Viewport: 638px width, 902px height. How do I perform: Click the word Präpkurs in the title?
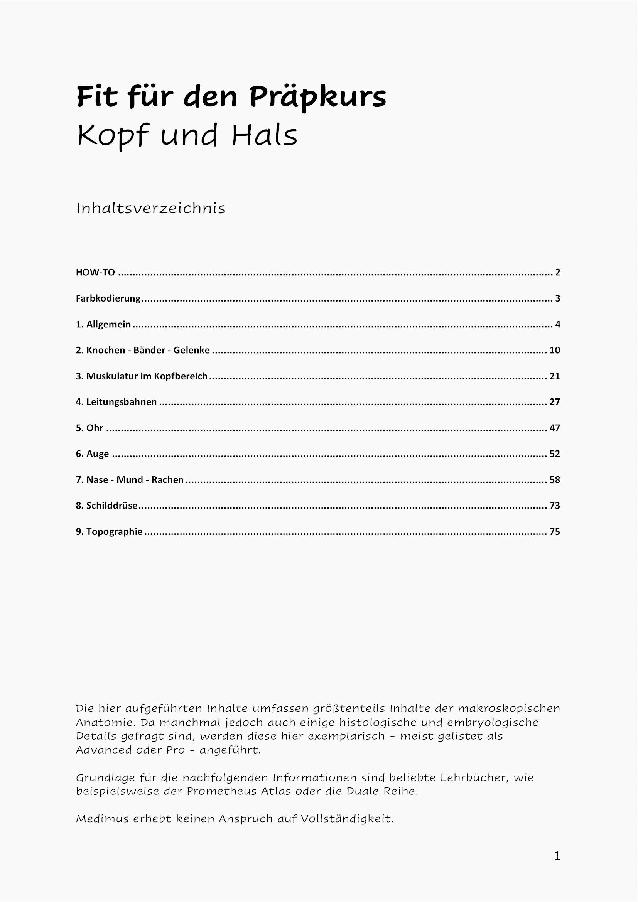(317, 98)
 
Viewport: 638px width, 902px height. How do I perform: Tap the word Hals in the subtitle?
(264, 136)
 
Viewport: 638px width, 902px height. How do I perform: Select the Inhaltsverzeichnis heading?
(151, 209)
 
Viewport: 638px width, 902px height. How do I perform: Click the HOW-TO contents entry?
(95, 272)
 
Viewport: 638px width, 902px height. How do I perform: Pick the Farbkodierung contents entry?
(108, 298)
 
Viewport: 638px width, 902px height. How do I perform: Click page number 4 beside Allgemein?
(557, 324)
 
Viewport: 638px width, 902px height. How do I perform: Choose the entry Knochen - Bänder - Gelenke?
(143, 351)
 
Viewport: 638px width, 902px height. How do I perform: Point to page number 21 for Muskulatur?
(554, 376)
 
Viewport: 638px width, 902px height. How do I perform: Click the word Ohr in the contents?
(95, 428)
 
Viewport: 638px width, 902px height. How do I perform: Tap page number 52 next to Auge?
(554, 454)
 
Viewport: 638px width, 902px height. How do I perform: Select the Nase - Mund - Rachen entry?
(130, 480)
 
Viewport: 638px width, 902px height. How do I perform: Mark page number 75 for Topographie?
(554, 531)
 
